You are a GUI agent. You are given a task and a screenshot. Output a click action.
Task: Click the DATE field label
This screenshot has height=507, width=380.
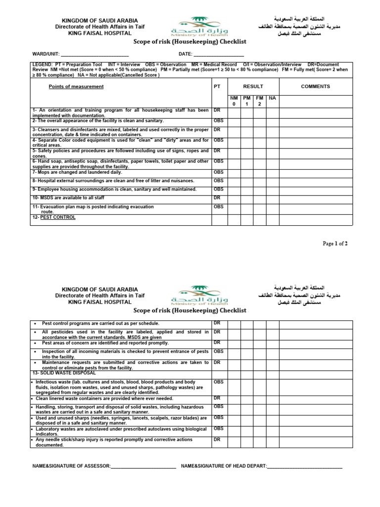(185, 54)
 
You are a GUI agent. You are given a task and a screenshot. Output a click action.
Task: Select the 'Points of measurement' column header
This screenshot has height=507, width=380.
(76, 86)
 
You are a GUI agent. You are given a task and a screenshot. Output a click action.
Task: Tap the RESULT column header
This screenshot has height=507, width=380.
(253, 86)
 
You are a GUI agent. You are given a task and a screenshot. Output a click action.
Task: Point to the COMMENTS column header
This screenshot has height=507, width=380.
(315, 86)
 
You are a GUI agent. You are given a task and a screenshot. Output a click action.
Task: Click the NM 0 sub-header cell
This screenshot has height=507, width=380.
(234, 101)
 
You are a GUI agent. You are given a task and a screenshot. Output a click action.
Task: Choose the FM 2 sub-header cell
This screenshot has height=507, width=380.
(259, 101)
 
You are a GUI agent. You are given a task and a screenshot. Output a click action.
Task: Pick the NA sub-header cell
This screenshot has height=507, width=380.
(272, 99)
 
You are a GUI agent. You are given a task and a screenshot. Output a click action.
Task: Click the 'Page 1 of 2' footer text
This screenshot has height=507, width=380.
(335, 244)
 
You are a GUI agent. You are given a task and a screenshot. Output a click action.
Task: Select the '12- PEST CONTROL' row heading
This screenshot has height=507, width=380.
(54, 217)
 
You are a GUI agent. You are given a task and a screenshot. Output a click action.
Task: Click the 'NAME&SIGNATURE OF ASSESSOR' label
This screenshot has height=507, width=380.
(72, 466)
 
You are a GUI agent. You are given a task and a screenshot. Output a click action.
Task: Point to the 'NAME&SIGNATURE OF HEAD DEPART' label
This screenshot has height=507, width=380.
(224, 466)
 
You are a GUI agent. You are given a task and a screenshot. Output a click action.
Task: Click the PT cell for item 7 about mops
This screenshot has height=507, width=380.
(219, 173)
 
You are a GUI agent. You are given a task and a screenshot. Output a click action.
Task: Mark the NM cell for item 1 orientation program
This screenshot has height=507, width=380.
(234, 112)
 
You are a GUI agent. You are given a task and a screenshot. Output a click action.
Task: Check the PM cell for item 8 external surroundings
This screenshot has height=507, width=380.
(247, 181)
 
